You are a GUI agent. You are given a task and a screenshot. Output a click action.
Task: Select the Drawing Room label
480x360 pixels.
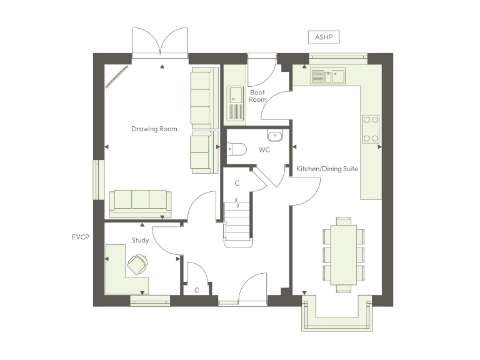coord(154,129)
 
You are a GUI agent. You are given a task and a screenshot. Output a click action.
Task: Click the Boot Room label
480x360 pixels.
coord(257,96)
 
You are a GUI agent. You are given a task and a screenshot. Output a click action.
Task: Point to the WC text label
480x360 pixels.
coord(264,150)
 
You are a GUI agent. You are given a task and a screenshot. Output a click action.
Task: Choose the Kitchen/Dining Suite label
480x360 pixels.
coord(327,169)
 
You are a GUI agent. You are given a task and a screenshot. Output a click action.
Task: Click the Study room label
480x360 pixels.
coord(139,240)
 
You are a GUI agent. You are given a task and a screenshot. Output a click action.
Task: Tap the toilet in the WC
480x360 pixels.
coord(234,149)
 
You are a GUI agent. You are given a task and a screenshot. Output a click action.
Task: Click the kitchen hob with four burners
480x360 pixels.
coord(371,129)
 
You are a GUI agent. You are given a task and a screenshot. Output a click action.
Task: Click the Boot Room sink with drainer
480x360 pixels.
coord(236,102)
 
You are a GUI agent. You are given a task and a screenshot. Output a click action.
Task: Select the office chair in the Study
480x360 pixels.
coord(138,264)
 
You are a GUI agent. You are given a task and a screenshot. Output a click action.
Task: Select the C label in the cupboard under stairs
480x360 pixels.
coord(237,183)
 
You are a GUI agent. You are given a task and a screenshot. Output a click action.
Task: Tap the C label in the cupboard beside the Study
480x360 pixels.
coord(196,289)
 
